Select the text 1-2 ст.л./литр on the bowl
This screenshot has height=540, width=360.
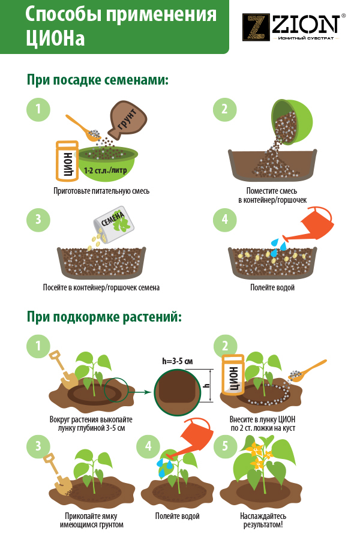coord(106,170)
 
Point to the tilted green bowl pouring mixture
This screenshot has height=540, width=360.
coord(293,122)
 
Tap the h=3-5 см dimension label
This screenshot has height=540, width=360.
coord(178,361)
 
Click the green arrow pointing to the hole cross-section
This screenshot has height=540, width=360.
coord(140,392)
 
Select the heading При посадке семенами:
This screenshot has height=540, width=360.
coord(98,80)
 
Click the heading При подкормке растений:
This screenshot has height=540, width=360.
coord(104,317)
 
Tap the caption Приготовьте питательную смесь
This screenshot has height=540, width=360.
coord(101,191)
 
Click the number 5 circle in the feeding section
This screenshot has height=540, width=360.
coord(226,446)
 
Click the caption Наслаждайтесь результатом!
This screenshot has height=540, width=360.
coord(263,520)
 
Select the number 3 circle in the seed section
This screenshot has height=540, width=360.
coord(38,220)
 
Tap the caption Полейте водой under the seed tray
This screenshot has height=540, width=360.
coord(272,287)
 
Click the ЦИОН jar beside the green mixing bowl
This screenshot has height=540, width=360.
coord(67,161)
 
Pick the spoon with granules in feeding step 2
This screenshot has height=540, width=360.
coord(307,371)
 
